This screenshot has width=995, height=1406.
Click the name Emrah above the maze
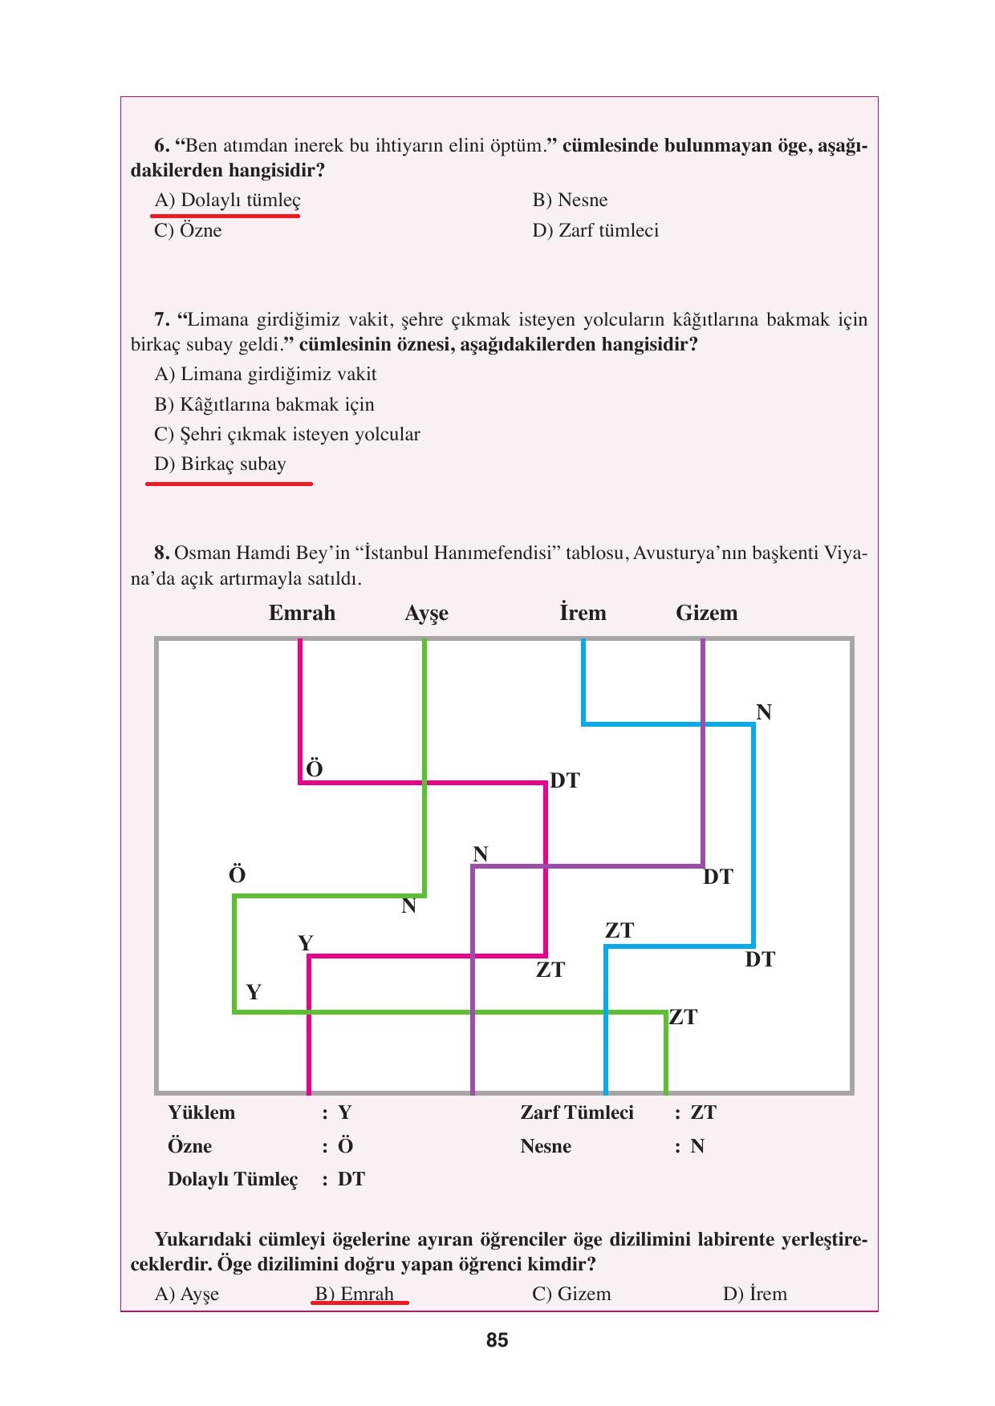[302, 613]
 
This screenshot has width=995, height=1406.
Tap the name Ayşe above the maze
[426, 614]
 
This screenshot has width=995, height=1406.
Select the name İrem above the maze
[583, 613]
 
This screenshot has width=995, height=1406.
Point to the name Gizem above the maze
[706, 613]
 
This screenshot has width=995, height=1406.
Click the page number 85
[497, 1340]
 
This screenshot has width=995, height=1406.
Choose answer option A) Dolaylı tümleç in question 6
[227, 201]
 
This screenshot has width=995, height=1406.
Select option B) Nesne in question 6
[570, 201]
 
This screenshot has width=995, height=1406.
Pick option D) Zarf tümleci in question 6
[595, 231]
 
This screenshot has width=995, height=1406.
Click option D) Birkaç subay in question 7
[220, 464]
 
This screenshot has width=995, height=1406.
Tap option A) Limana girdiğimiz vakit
[265, 375]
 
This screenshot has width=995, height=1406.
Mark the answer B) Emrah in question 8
[354, 1294]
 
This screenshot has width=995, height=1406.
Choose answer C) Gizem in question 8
[571, 1294]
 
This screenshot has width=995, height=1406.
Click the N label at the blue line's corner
[763, 712]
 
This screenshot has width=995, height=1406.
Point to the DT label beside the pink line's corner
[564, 780]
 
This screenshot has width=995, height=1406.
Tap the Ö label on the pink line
[315, 769]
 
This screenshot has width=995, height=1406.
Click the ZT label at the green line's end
[683, 1017]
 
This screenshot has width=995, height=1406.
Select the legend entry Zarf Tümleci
[576, 1112]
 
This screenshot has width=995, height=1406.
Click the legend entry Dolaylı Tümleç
[232, 1179]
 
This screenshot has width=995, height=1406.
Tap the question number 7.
[161, 320]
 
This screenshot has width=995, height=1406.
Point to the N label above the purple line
[480, 854]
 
